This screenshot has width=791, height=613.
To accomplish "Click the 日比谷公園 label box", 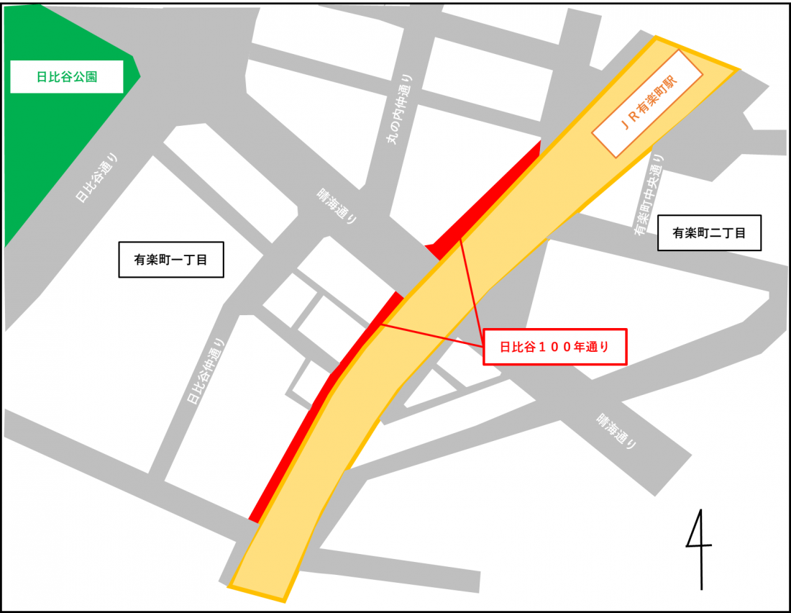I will pyautogui.click(x=66, y=76).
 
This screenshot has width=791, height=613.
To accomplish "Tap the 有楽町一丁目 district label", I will pyautogui.click(x=171, y=260).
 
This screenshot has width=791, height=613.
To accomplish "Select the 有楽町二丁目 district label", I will pyautogui.click(x=709, y=232).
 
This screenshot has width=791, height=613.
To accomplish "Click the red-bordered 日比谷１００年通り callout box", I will pyautogui.click(x=554, y=347).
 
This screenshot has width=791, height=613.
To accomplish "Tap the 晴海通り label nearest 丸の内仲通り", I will pyautogui.click(x=337, y=206).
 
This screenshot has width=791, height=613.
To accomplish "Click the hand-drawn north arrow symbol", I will pyautogui.click(x=699, y=548).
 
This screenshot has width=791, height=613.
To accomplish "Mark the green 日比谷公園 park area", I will pyautogui.click(x=43, y=158).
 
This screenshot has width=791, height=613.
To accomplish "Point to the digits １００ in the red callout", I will pyautogui.click(x=560, y=347).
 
